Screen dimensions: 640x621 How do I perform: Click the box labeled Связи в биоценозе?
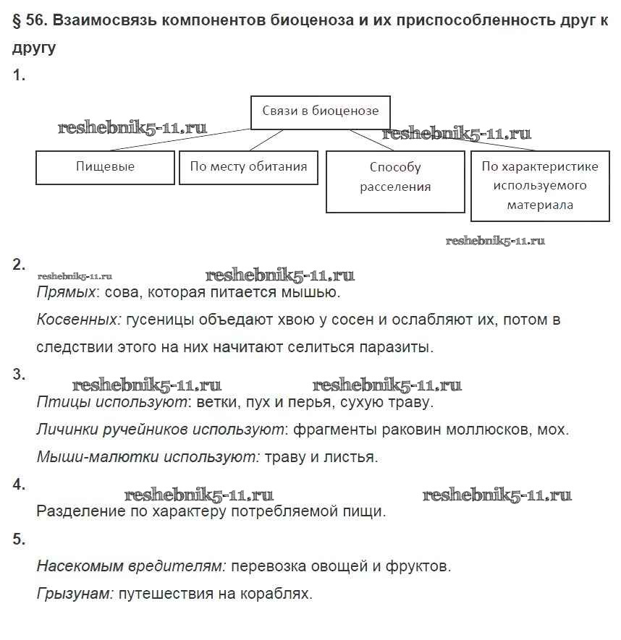[320, 111]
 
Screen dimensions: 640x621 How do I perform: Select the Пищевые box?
[105, 167]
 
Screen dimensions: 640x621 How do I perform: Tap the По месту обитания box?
[248, 167]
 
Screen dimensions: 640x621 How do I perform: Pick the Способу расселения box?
[395, 177]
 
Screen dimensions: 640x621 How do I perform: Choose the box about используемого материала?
[540, 186]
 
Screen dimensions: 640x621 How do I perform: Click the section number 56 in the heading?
[35, 21]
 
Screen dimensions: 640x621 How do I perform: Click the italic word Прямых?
[66, 293]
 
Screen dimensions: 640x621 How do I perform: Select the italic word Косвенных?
[78, 320]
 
